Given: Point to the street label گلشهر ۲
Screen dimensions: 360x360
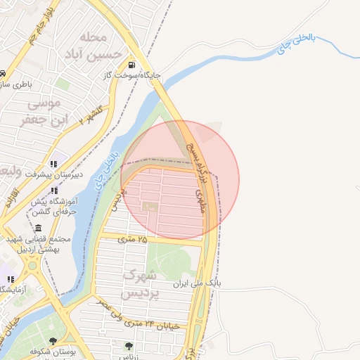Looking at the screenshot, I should pos(91,114).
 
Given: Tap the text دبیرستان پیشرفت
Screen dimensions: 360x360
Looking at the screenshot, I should pos(54,173).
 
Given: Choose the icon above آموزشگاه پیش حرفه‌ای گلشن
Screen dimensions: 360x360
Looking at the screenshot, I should pos(54,191).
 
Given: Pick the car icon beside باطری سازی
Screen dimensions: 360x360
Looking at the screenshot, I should pos(3,74).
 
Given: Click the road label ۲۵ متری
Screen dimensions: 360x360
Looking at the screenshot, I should pos(134,240).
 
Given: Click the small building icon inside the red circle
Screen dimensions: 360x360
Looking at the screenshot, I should pos(148,207).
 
